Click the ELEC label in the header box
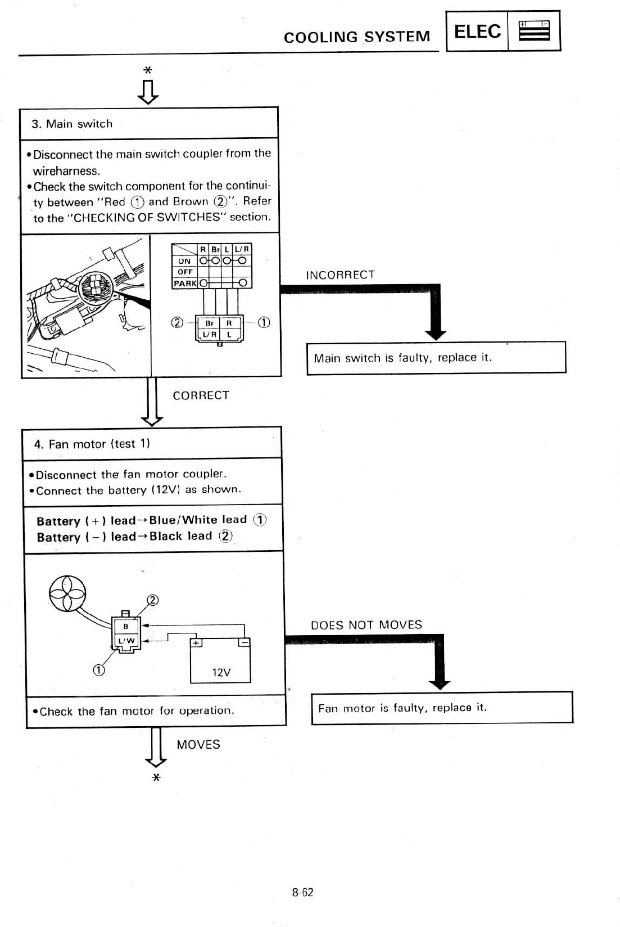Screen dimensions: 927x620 (x=477, y=31)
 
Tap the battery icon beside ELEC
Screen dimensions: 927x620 (x=533, y=31)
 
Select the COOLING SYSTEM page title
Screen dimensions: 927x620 (x=357, y=37)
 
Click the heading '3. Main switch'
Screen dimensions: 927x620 (x=72, y=124)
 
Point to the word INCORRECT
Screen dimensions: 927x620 (x=340, y=275)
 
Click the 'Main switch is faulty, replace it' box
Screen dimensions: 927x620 (x=436, y=358)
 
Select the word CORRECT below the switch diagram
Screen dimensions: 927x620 (x=201, y=395)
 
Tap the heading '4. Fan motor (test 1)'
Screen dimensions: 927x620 (x=92, y=444)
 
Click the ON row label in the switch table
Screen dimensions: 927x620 (x=184, y=261)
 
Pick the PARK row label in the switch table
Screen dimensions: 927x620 (x=185, y=283)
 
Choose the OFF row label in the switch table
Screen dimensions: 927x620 (x=185, y=272)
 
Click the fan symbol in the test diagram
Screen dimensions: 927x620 (x=67, y=593)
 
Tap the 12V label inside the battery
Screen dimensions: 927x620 (x=221, y=672)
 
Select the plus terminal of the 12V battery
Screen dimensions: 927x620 (x=196, y=643)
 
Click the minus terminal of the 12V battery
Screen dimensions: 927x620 (x=245, y=643)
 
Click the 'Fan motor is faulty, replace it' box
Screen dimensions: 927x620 (x=442, y=708)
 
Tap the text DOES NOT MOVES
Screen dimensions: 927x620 (x=366, y=625)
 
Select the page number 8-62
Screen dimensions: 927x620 (x=302, y=892)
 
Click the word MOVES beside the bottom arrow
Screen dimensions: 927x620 (x=198, y=745)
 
